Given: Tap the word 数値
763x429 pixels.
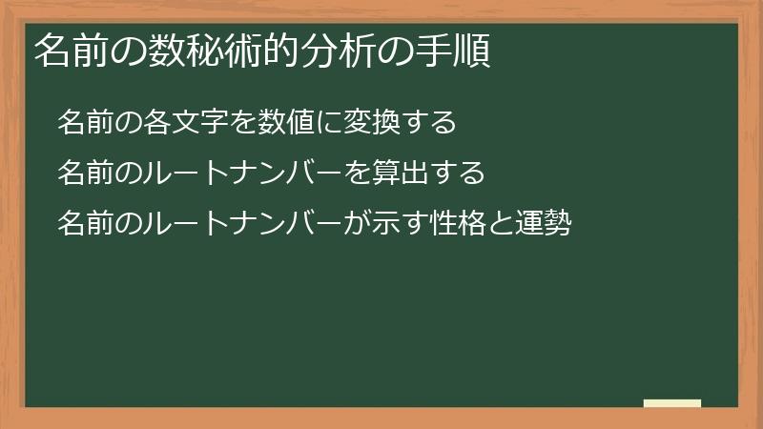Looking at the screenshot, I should click(x=279, y=123).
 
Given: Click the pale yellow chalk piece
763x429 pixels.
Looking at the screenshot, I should click(x=671, y=403).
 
